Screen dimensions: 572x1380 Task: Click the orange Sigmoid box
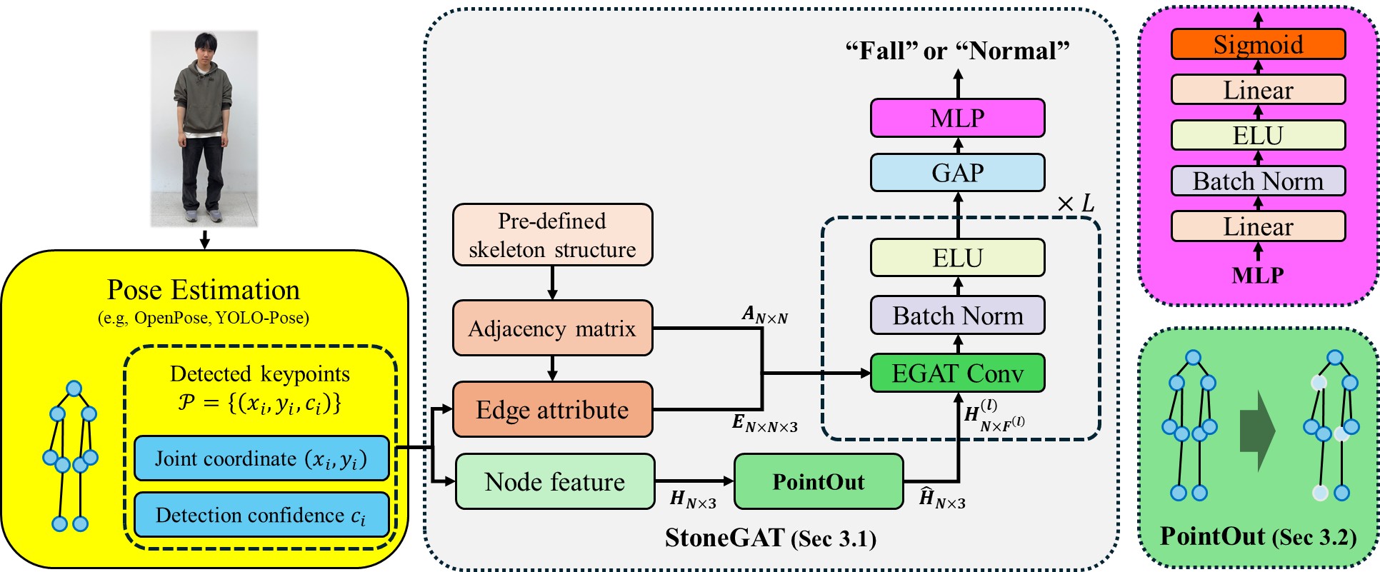click(x=1258, y=44)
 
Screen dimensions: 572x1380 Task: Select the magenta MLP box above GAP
click(x=957, y=118)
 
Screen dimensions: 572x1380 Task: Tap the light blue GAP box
click(x=957, y=173)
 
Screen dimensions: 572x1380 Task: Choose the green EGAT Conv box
click(x=957, y=373)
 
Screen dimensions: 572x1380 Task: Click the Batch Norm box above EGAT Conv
click(x=957, y=316)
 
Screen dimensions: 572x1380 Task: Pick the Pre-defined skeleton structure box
click(x=552, y=235)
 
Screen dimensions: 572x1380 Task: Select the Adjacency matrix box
click(x=552, y=328)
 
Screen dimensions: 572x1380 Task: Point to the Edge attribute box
click(x=552, y=410)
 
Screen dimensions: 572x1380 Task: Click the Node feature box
click(x=555, y=482)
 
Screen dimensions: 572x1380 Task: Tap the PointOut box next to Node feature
click(x=819, y=482)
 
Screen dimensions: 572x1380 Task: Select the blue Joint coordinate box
click(x=261, y=458)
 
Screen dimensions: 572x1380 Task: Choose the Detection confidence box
click(x=261, y=515)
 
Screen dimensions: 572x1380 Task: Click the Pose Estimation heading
click(x=204, y=290)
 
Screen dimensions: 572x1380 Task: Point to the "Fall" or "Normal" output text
click(x=957, y=51)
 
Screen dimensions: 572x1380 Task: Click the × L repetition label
click(x=1076, y=204)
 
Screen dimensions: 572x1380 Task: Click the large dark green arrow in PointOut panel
click(x=1257, y=431)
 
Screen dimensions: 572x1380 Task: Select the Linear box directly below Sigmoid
click(x=1258, y=90)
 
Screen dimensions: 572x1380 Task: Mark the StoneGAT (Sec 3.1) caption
click(x=770, y=538)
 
